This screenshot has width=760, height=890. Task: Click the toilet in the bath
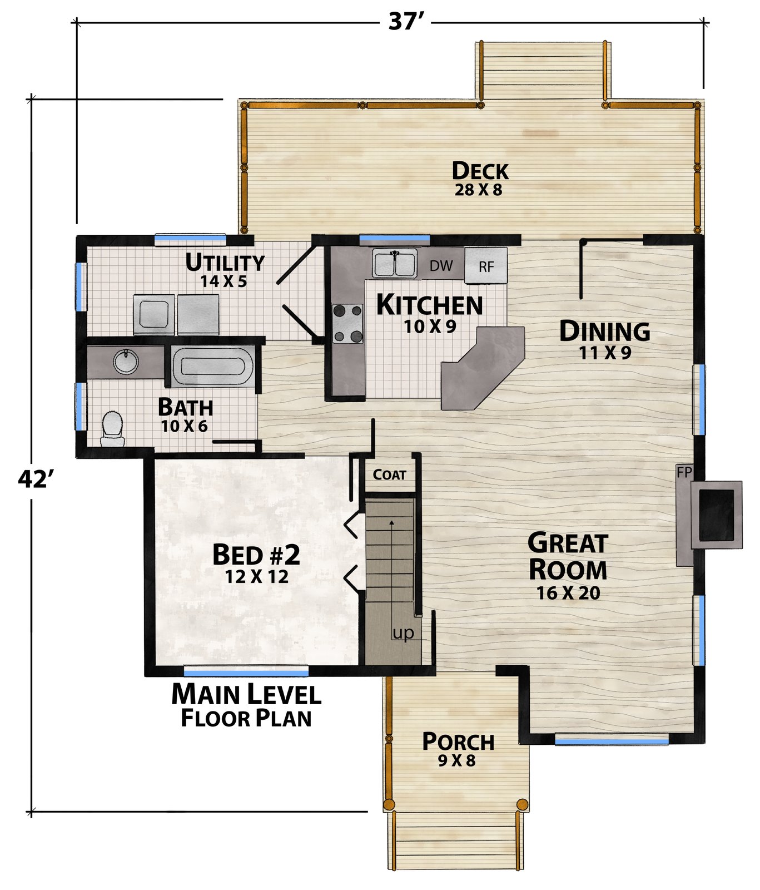(x=112, y=428)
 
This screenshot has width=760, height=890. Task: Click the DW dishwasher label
(x=441, y=266)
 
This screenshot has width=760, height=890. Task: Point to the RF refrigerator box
(x=486, y=265)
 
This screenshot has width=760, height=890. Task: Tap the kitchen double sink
(x=395, y=263)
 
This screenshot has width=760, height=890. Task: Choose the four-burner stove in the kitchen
(x=347, y=323)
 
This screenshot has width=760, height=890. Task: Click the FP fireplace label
(x=684, y=472)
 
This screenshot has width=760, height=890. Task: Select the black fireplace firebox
(x=716, y=515)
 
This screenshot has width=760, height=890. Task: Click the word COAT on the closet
(x=390, y=474)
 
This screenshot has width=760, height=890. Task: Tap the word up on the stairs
(x=403, y=633)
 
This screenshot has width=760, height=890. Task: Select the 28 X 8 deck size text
(x=479, y=190)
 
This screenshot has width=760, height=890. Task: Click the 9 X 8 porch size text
(x=457, y=760)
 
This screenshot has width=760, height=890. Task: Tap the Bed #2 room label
(x=256, y=555)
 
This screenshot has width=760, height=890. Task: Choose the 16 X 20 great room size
(x=568, y=593)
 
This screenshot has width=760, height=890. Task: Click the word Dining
(x=604, y=332)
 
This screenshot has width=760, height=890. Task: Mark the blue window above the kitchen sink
(x=395, y=239)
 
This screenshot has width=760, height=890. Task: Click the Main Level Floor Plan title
(x=246, y=706)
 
